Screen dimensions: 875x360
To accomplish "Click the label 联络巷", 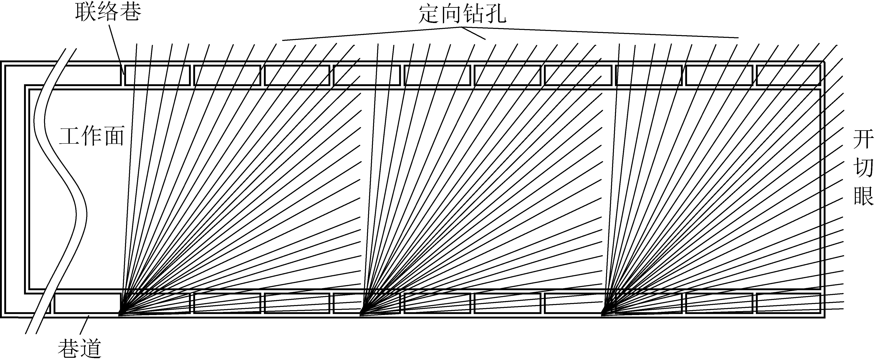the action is tap(108, 12).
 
